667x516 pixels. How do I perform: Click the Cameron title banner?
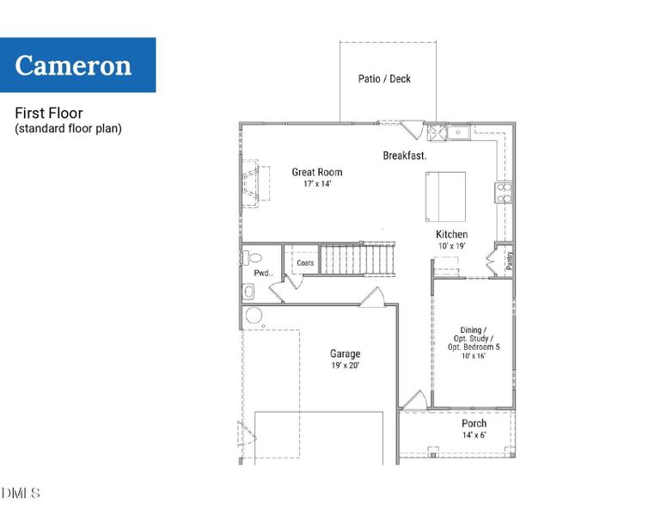pyautogui.click(x=77, y=65)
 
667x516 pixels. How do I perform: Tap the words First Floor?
pyautogui.click(x=48, y=114)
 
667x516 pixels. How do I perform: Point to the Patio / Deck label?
pyautogui.click(x=384, y=79)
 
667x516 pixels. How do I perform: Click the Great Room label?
pyautogui.click(x=316, y=172)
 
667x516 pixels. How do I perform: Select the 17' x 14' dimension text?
pyautogui.click(x=316, y=184)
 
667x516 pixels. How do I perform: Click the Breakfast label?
pyautogui.click(x=405, y=156)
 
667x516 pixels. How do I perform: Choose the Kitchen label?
pyautogui.click(x=451, y=235)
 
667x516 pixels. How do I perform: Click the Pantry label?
pyautogui.click(x=509, y=260)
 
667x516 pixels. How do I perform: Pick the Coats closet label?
pyautogui.click(x=305, y=263)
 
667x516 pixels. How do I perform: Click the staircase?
pyautogui.click(x=357, y=259)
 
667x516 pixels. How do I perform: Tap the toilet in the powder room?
pyautogui.click(x=252, y=257)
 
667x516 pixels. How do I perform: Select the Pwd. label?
pyautogui.click(x=263, y=273)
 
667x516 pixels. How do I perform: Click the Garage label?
pyautogui.click(x=345, y=353)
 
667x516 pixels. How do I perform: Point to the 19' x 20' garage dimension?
pyautogui.click(x=345, y=365)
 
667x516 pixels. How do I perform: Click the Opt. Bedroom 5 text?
pyautogui.click(x=474, y=347)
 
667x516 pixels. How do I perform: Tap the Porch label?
pyautogui.click(x=474, y=423)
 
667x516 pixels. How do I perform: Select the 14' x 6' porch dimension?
pyautogui.click(x=474, y=435)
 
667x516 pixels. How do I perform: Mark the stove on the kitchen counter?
pyautogui.click(x=503, y=192)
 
